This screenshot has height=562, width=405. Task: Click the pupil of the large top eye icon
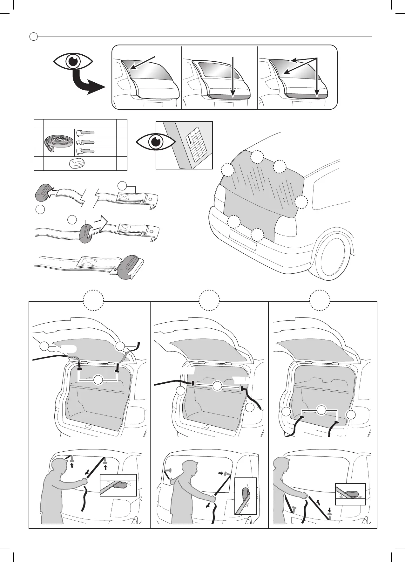pyautogui.click(x=74, y=61)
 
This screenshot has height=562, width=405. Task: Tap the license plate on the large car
pyautogui.click(x=243, y=239)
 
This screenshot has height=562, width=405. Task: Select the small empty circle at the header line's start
pyautogui.click(x=33, y=37)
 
